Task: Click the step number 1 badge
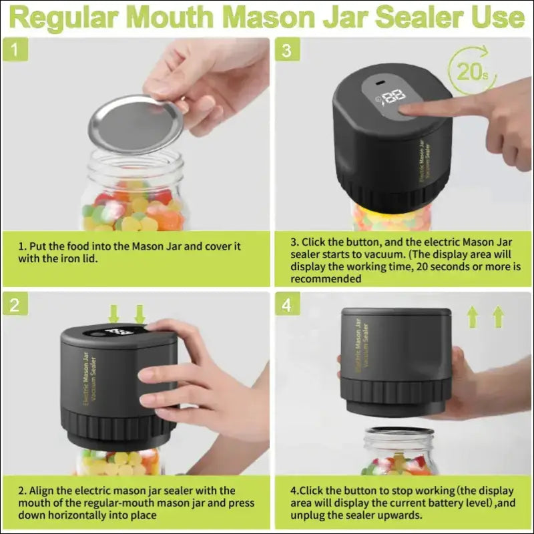tap(15, 50)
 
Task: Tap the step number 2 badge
tap(15, 304)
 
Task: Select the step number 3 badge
tap(286, 50)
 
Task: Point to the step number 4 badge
tap(286, 304)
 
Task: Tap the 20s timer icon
tap(471, 69)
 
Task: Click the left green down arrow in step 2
tap(114, 312)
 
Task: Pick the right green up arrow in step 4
tap(498, 316)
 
